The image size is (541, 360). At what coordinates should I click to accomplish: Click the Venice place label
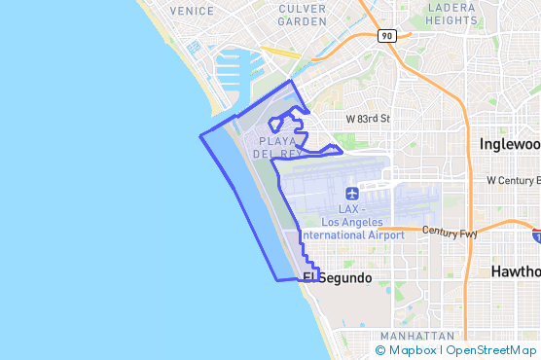pos(191,11)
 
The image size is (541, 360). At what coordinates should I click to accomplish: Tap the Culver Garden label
pos(302,15)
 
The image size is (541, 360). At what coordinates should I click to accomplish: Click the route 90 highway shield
pos(386,36)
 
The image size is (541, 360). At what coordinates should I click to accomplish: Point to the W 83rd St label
pos(368,119)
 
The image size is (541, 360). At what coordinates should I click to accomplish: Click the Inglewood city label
pos(510,144)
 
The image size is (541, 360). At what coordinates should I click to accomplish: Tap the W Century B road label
pos(513,181)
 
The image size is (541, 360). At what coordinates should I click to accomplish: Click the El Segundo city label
pos(338,278)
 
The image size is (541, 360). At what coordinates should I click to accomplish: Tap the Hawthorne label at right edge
pos(516,270)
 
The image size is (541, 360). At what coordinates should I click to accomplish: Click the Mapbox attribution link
pos(412,350)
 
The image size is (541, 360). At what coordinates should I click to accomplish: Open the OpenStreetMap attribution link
pos(491,350)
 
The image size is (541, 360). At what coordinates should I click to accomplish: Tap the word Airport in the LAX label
pos(387,235)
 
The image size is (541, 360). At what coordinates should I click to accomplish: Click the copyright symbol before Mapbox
pos(380,350)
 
